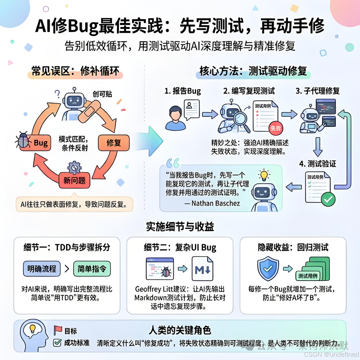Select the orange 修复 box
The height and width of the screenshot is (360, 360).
click(114, 143)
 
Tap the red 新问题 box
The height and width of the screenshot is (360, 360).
click(75, 180)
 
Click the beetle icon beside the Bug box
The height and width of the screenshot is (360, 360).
click(23, 140)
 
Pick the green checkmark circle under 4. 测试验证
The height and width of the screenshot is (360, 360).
click(328, 199)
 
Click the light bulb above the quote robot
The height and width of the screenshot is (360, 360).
click(264, 175)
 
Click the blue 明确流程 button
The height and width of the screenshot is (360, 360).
click(42, 269)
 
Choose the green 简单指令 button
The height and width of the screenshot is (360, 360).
click(92, 269)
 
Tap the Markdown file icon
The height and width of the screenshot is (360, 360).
click(202, 269)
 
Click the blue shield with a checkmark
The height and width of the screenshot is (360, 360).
click(268, 268)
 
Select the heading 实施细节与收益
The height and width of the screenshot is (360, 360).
click(180, 227)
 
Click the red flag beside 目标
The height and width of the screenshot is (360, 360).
click(58, 330)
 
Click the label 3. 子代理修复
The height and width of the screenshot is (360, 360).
click(318, 91)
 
